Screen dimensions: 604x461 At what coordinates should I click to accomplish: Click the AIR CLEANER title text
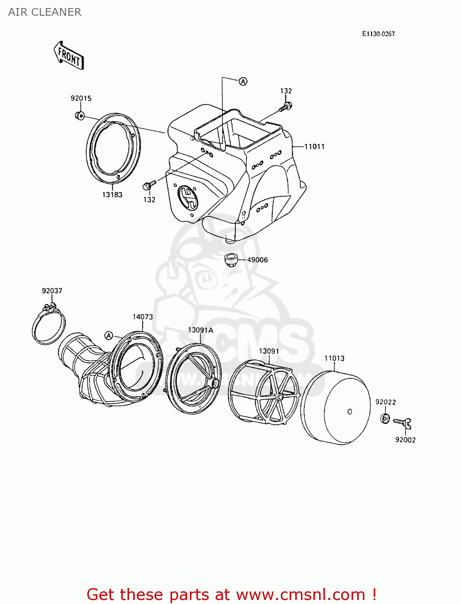click(x=45, y=12)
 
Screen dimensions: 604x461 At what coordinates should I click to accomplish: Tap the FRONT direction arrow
click(x=69, y=56)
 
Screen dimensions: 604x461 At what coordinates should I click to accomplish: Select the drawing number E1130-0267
click(x=378, y=34)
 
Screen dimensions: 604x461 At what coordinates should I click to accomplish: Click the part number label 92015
click(x=81, y=98)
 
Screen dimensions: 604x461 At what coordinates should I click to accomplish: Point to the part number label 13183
click(x=112, y=195)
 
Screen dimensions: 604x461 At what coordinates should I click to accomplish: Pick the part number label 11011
click(x=314, y=147)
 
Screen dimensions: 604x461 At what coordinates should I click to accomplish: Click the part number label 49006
click(x=257, y=260)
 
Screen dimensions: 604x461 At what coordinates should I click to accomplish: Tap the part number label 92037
click(x=52, y=291)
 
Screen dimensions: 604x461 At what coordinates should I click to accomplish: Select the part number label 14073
click(x=143, y=317)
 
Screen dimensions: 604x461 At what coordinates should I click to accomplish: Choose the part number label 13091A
click(x=200, y=330)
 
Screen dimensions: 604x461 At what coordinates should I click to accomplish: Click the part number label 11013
click(x=334, y=358)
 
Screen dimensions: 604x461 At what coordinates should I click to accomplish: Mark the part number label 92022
click(x=385, y=402)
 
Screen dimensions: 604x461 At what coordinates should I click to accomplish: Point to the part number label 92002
click(x=405, y=440)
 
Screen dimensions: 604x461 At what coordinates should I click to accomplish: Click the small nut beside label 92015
click(x=79, y=116)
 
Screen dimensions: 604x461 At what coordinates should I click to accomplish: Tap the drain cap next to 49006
click(x=230, y=260)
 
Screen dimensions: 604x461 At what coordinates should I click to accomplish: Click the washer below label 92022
click(x=385, y=418)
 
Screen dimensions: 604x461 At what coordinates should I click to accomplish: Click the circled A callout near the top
click(x=243, y=81)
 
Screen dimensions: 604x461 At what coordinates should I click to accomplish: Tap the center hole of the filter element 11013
click(x=350, y=412)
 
